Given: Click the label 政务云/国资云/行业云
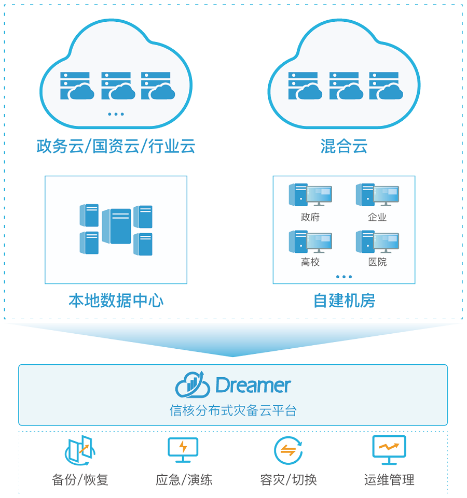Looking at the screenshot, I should (116, 146).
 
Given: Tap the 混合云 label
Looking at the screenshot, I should (344, 146).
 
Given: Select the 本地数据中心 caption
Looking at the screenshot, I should (116, 301).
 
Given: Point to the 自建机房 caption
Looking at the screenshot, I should (344, 301).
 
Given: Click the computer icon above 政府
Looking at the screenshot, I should (310, 195).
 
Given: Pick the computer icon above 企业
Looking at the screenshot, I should (377, 195).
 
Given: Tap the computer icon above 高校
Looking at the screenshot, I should (310, 241).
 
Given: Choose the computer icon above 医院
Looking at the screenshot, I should (377, 241).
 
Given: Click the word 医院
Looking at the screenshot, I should (377, 262).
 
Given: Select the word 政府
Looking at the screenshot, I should (310, 217).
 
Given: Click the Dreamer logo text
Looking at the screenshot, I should (253, 386).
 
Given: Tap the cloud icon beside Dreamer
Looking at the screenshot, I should (192, 386).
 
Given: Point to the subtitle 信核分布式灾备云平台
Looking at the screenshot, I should (233, 410).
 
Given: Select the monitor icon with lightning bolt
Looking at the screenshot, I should (183, 449).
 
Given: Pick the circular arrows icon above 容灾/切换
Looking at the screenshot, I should (288, 450).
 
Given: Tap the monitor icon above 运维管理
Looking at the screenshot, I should (389, 449).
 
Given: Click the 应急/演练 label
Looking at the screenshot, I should (184, 479).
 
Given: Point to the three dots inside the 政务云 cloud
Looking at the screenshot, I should (116, 114).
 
